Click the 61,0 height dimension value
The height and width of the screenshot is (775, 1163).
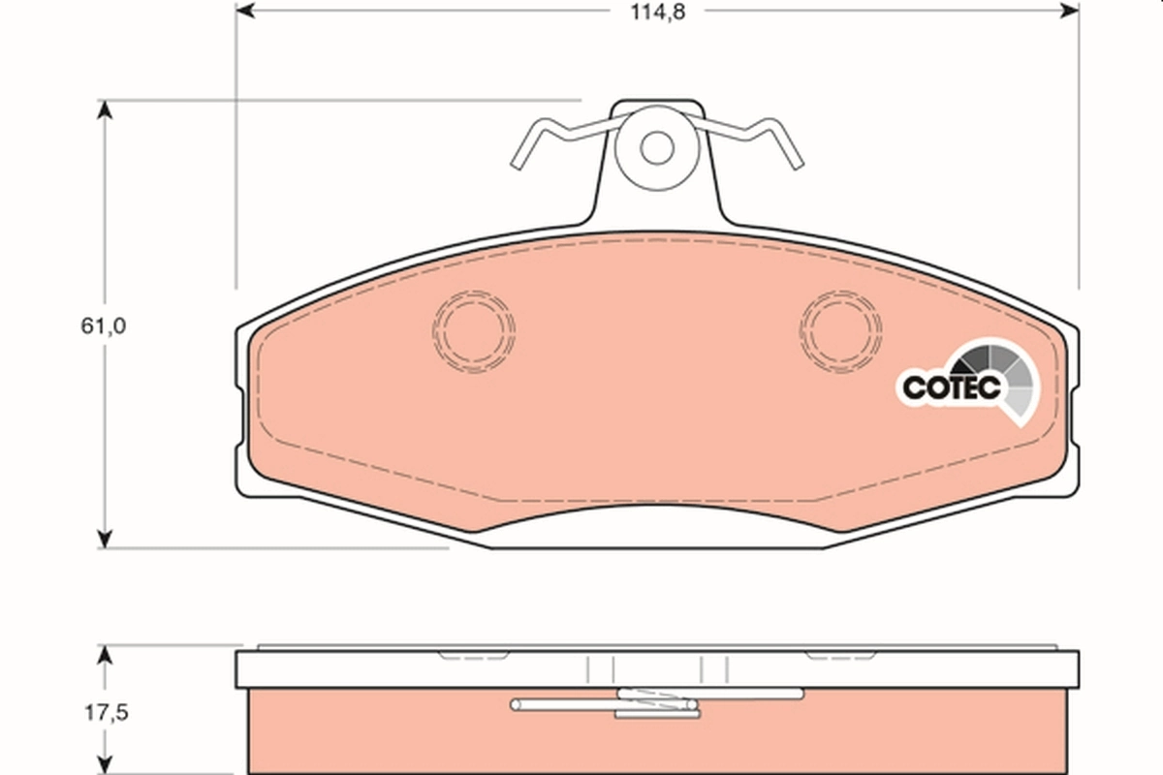pos(104,325)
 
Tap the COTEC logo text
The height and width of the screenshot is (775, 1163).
pos(951,387)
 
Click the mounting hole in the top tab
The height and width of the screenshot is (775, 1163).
pos(657,147)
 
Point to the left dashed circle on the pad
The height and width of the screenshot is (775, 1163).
pos(474,329)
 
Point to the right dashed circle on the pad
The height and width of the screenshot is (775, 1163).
pos(841,329)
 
